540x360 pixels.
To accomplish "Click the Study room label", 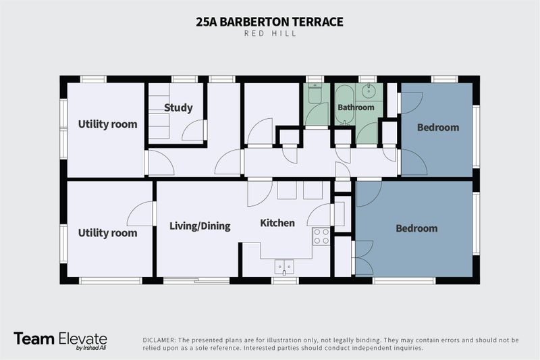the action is [x=178, y=108].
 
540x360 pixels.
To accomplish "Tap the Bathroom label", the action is [x=356, y=107].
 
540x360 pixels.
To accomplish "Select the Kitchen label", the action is [x=277, y=223].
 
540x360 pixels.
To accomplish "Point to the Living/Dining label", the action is [x=200, y=226].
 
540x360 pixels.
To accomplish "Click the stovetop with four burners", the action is [x=321, y=236].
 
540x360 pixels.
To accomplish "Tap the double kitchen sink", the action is [x=284, y=267].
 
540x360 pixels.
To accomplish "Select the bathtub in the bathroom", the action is [x=344, y=105].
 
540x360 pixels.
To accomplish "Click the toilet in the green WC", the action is [x=315, y=93].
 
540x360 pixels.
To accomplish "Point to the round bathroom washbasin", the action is [x=369, y=91].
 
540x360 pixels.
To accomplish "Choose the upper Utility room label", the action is [x=107, y=124].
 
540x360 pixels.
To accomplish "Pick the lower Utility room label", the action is [x=107, y=233].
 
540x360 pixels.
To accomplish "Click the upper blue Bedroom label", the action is [x=438, y=128].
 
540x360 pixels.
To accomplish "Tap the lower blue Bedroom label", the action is [x=416, y=228].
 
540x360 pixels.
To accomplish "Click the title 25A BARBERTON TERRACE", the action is [x=269, y=22].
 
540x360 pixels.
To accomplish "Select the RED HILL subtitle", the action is [x=271, y=33].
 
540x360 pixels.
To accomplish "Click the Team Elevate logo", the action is [x=61, y=340].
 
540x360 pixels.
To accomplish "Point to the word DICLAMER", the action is [x=159, y=340].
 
